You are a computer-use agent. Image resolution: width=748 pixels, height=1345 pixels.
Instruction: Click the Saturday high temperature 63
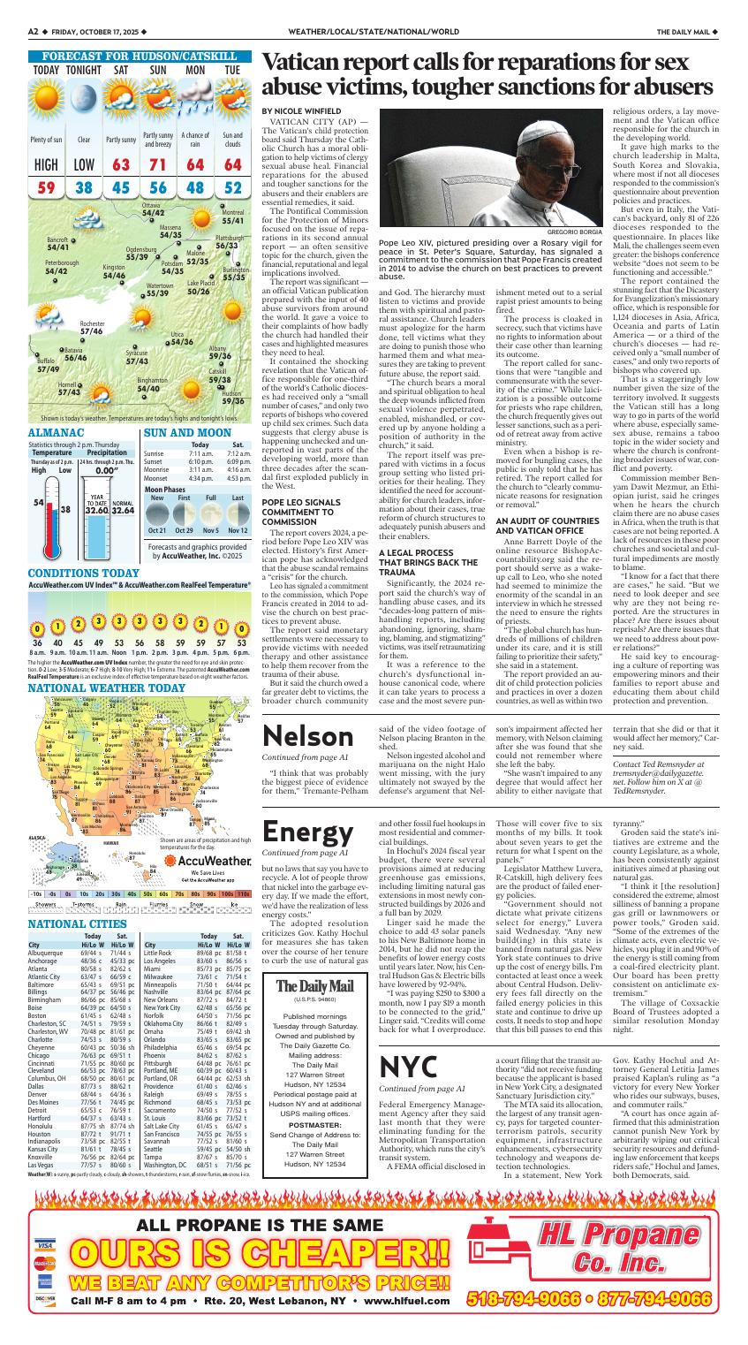121,165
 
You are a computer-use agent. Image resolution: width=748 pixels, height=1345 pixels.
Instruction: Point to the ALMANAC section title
56,434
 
